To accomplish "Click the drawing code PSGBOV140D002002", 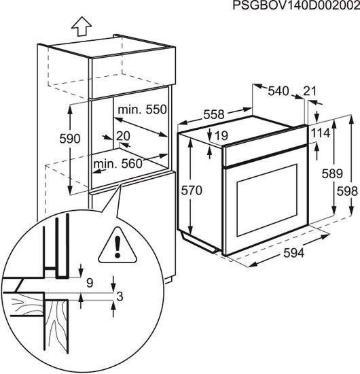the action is (296, 5).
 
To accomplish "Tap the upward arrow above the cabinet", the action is (82, 27).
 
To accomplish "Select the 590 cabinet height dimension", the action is (69, 139).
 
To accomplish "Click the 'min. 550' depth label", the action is (142, 109).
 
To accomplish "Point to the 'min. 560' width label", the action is (118, 164).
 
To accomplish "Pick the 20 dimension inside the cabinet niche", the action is (123, 136).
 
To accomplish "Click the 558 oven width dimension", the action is (214, 114).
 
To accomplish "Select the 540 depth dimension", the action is (278, 91).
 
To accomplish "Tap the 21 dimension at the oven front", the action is (310, 91).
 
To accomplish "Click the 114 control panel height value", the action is (321, 133).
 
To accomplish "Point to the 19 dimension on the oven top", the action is (221, 135).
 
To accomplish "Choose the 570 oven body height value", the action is (192, 190).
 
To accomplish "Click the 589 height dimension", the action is (332, 173).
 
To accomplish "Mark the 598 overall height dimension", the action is (347, 191).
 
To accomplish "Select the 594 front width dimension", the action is (293, 253).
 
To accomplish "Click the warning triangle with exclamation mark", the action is (118, 245).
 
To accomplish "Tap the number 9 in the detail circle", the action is (90, 283).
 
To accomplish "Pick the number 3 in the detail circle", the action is (120, 296).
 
